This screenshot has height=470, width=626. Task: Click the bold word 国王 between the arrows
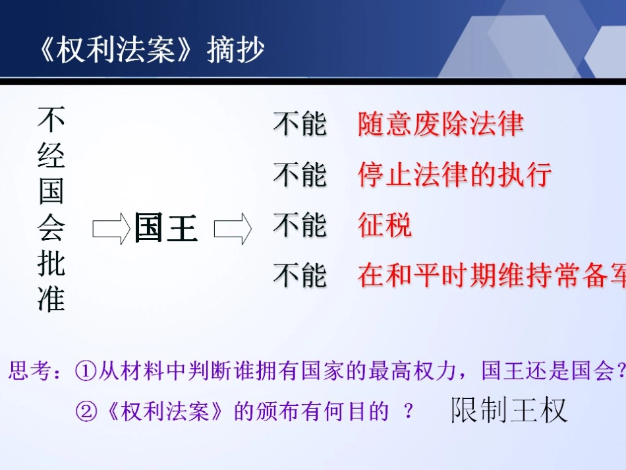click(166, 228)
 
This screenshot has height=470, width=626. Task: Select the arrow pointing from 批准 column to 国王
click(110, 229)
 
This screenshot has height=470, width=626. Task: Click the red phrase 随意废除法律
click(441, 124)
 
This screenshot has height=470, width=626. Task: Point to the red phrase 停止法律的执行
click(455, 175)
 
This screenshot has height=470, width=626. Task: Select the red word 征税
click(385, 225)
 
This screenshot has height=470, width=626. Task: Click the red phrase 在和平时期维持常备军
click(491, 276)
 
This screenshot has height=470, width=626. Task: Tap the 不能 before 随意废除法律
click(300, 124)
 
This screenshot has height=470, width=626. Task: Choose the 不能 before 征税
click(300, 225)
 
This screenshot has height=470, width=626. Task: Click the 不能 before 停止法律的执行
click(300, 175)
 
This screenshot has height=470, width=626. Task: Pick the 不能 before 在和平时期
click(300, 276)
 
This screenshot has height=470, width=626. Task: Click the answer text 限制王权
click(509, 410)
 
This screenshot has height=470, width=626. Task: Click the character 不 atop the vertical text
click(51, 120)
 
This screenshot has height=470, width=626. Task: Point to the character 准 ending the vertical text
click(51, 299)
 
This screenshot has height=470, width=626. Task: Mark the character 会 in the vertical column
click(51, 227)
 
